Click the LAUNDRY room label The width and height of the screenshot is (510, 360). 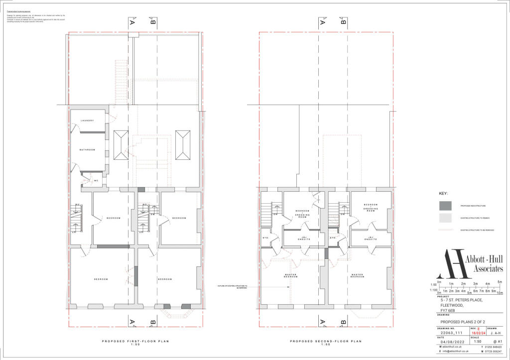click(x=88, y=120)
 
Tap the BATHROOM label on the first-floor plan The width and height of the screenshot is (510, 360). click(x=88, y=149)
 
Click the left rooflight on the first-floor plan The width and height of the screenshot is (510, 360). click(x=121, y=145)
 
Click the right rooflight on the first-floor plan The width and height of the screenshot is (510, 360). click(x=183, y=145)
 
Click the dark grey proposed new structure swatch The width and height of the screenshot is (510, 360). click(x=446, y=206)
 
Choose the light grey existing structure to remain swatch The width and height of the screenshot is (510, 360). click(x=446, y=218)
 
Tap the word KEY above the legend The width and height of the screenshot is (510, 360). click(x=443, y=193)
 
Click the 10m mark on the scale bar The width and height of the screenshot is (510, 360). click(x=500, y=293)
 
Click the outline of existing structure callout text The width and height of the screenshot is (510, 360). click(x=232, y=287)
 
